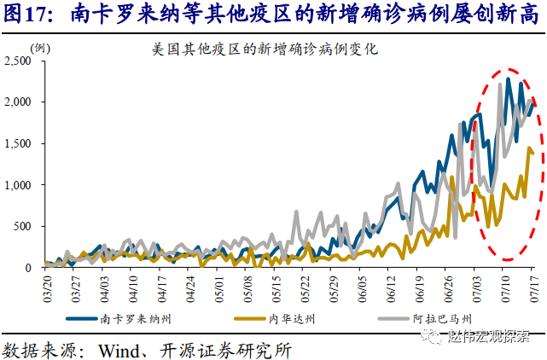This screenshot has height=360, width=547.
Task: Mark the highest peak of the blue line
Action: pyautogui.click(x=508, y=78)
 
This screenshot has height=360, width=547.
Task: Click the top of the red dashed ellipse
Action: pyautogui.click(x=509, y=69)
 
